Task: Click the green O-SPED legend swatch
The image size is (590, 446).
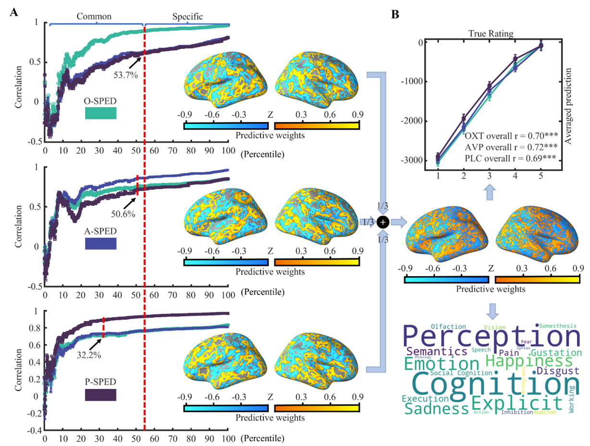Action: coord(100,113)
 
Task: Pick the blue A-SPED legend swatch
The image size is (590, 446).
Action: coord(100,244)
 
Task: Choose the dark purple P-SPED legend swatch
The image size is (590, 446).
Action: coord(100,395)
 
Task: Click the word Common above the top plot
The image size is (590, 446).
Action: coord(94,16)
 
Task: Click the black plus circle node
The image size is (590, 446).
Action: coord(382,222)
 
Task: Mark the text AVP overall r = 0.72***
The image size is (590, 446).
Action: coord(511,145)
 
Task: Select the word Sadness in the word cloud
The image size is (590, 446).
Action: coord(436,409)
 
